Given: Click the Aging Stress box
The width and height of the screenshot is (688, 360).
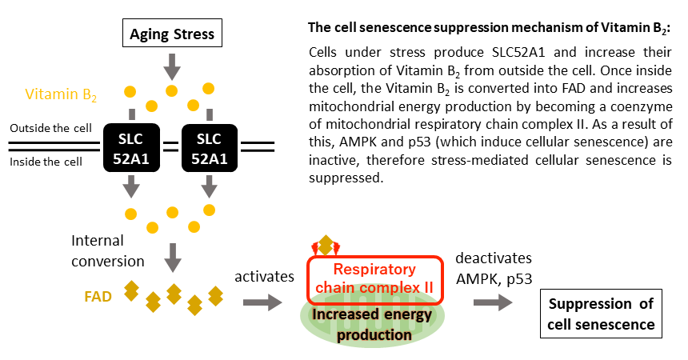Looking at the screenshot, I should [171, 34].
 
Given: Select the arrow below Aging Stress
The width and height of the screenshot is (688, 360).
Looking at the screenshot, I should [171, 62].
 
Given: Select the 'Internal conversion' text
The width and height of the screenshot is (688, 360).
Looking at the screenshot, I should [108, 250].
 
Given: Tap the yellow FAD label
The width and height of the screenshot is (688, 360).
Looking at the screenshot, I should [98, 295].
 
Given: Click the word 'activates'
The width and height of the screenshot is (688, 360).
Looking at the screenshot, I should [265, 275].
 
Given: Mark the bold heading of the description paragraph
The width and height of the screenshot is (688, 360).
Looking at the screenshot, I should [489, 28].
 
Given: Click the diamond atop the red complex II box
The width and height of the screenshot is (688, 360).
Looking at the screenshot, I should [326, 244].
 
